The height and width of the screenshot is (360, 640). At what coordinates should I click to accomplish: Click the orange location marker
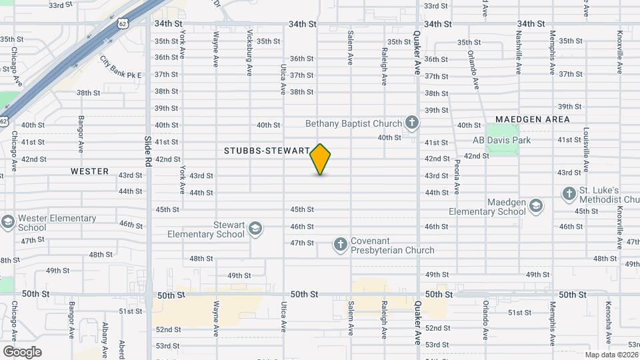pos(321,159)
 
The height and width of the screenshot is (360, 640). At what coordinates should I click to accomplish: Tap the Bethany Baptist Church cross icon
pos(413,123)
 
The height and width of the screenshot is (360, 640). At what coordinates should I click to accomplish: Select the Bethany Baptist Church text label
pos(353,123)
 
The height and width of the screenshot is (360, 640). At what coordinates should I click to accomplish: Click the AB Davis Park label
pos(501,141)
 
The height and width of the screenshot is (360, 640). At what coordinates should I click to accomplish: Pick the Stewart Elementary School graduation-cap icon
pos(254,229)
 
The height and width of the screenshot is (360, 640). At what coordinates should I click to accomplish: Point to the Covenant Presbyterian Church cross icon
pos(340,245)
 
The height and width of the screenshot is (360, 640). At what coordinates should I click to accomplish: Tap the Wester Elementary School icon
pos(7,223)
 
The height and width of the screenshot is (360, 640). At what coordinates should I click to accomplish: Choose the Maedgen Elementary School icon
pos(536,207)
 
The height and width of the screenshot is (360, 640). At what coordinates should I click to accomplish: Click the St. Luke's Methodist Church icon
pos(569,194)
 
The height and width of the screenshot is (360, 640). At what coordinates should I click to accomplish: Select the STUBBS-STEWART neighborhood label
pos(267,151)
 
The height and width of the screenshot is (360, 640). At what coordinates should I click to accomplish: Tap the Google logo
pos(22,351)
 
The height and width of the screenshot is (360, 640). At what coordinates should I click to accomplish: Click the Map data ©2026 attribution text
pos(611,355)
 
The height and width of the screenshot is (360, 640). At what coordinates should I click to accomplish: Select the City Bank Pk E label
pos(121,67)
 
